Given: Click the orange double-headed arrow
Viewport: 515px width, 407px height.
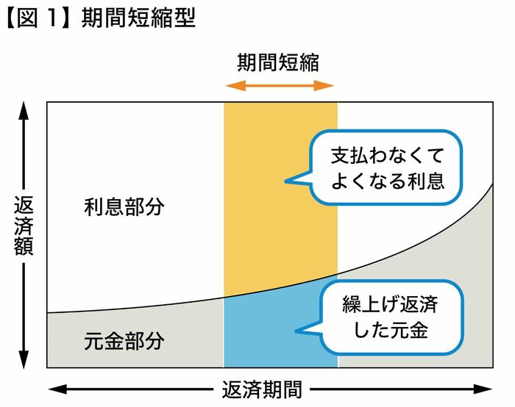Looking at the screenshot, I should point(280,86).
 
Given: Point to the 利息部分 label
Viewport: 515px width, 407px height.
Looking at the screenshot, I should point(124,206).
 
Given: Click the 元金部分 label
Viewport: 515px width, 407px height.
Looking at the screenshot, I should point(124,341).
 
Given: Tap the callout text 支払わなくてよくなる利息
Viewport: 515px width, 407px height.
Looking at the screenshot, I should point(388,168).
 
